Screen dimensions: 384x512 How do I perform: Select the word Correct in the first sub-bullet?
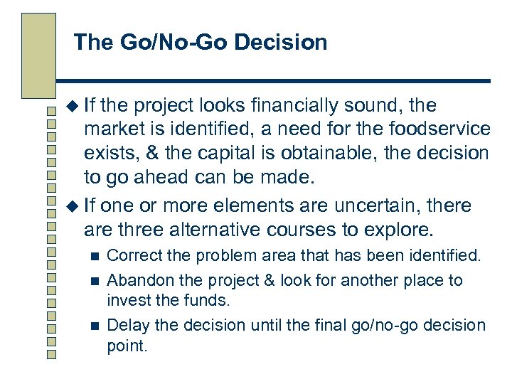click(130, 255)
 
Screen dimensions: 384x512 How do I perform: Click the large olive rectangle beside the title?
click(38, 55)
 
